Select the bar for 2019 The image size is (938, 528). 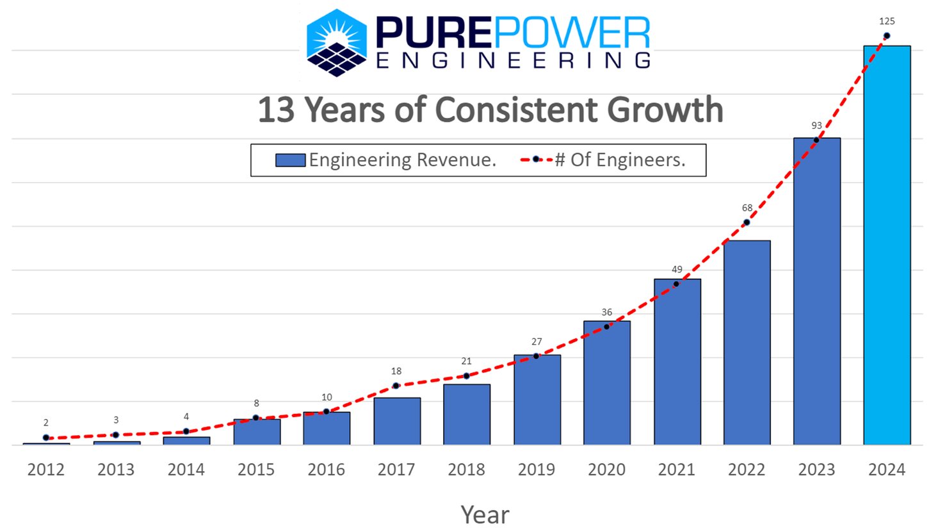[x=537, y=400]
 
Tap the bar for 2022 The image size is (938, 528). [x=747, y=342]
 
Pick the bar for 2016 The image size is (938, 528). [x=327, y=428]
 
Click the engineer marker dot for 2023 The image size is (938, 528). [x=816, y=140]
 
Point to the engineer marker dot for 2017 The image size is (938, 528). [x=396, y=386]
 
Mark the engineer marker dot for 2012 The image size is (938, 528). [x=46, y=438]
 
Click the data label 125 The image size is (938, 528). [x=886, y=21]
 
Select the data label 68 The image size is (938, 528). [x=747, y=208]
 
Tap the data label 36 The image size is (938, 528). [x=606, y=312]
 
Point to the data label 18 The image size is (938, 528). [x=396, y=371]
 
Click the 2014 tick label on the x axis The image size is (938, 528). [x=186, y=470]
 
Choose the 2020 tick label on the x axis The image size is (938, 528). [x=606, y=470]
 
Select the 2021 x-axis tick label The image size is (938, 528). [x=676, y=470]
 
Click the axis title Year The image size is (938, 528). [x=485, y=515]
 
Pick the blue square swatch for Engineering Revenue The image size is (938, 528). [x=290, y=160]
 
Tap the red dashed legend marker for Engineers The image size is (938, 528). [x=536, y=160]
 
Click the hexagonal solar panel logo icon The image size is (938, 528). [x=337, y=42]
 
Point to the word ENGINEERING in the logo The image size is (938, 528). [x=513, y=60]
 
